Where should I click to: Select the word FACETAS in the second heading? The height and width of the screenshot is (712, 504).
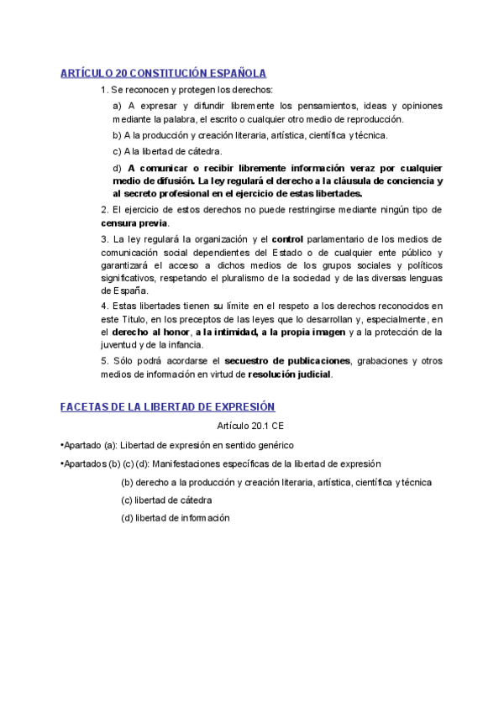tap(87, 406)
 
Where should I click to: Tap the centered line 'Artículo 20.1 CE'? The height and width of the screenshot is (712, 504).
tap(250, 427)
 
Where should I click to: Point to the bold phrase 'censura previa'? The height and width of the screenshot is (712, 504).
tap(134, 223)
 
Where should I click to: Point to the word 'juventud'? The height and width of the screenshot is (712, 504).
tap(119, 345)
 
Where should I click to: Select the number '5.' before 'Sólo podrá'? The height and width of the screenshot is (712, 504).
tap(104, 361)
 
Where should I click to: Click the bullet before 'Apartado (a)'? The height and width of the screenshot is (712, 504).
tap(62, 445)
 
